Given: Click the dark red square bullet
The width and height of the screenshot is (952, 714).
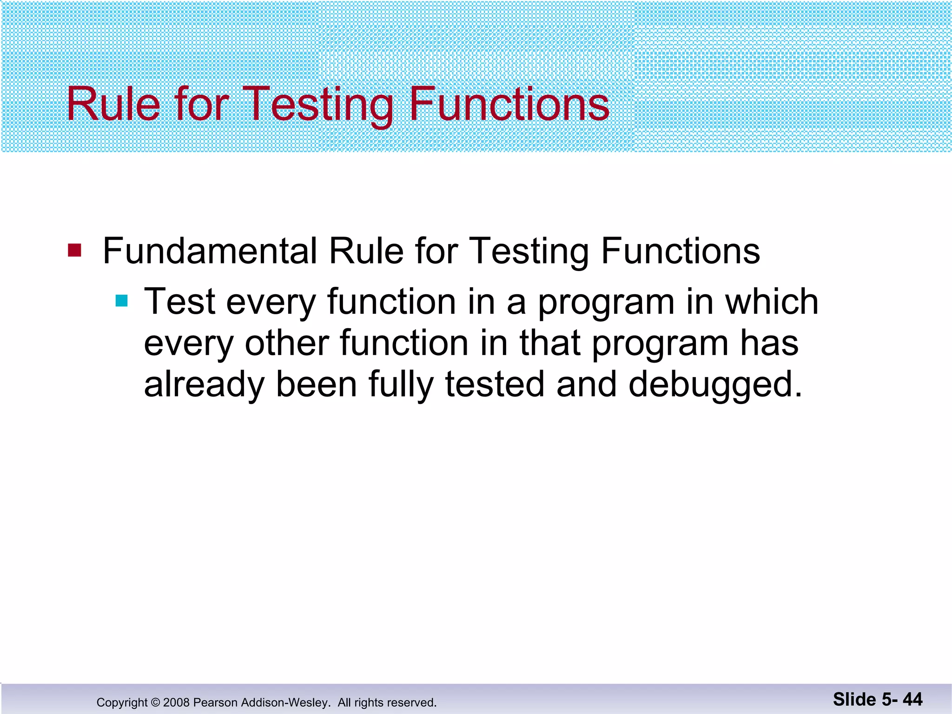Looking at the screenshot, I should (x=74, y=251).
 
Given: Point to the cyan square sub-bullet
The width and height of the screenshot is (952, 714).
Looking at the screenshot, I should (x=121, y=301).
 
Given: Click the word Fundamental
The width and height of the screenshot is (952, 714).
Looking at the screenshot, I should (x=210, y=251).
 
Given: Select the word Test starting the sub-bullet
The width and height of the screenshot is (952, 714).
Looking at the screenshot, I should (x=179, y=302).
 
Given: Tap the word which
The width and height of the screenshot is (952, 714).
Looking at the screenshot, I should (x=772, y=302).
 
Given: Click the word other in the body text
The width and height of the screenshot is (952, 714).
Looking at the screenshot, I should (x=286, y=343).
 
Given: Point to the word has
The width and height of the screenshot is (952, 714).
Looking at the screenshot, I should (x=769, y=343).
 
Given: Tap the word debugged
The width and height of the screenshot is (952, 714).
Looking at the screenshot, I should (x=715, y=385).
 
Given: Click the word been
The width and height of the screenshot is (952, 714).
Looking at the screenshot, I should (x=316, y=385).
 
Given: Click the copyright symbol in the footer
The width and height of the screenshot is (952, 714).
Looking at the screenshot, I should (x=155, y=702).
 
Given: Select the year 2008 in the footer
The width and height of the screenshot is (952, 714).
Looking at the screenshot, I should (x=176, y=702).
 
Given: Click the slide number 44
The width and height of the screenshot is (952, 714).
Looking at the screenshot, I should (x=912, y=699).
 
